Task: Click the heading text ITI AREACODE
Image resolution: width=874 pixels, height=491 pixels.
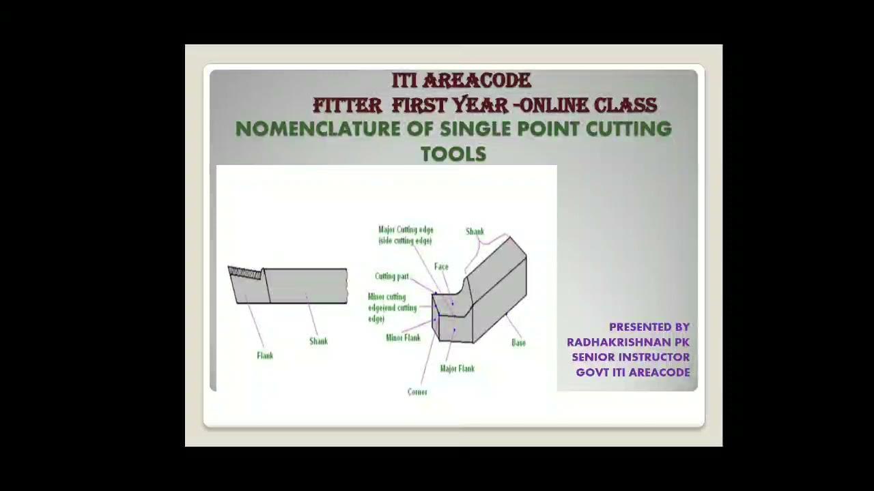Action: (461, 80)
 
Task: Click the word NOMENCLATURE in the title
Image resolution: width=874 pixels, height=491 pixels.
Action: (318, 129)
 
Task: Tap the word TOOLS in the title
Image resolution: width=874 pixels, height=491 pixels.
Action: (453, 154)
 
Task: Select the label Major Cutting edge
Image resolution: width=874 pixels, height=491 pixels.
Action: (406, 230)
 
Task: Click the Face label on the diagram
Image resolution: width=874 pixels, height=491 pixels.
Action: (441, 267)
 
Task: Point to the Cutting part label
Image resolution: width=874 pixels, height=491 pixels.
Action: (392, 276)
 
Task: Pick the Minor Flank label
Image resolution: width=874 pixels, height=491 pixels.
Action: (403, 338)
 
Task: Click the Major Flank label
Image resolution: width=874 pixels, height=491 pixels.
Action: (457, 369)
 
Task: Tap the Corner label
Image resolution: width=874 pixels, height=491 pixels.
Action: (417, 392)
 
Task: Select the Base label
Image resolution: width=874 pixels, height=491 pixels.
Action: (518, 343)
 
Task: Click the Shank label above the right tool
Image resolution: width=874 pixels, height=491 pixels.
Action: (475, 232)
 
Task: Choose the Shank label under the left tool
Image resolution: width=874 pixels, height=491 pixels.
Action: (318, 341)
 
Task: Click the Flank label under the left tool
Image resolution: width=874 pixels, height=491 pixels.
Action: (265, 355)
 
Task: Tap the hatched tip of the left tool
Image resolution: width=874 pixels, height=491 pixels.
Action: (245, 273)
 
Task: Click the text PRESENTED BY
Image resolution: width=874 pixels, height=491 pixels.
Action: (649, 327)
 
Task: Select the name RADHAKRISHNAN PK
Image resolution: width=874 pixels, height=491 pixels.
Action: (628, 342)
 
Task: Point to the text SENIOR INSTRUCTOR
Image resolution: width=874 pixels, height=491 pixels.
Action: (630, 357)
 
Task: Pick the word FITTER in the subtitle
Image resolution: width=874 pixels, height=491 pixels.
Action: (347, 105)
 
